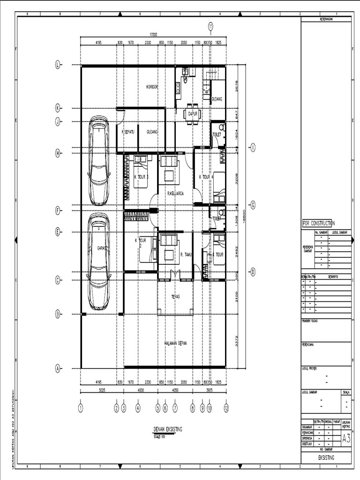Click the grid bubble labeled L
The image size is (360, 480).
point(58,65)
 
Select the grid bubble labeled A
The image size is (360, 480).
point(58,368)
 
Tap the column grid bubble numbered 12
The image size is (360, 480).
point(226,408)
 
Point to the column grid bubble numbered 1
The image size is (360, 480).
point(81,408)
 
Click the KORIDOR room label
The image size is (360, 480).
point(152,87)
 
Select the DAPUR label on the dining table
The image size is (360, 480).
point(192,113)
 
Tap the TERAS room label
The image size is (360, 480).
point(175,296)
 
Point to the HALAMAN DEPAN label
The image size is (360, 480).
point(175,343)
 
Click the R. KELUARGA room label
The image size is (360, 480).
point(175,193)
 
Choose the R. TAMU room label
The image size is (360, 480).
point(187,255)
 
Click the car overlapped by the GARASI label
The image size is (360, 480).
point(99,262)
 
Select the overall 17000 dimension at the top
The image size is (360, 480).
point(153,34)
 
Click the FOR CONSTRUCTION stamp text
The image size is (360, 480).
point(318,224)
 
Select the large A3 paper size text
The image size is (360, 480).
point(346,438)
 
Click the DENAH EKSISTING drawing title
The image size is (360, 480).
point(167,429)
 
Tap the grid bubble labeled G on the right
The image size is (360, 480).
point(253,205)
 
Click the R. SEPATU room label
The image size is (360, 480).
point(128,132)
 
